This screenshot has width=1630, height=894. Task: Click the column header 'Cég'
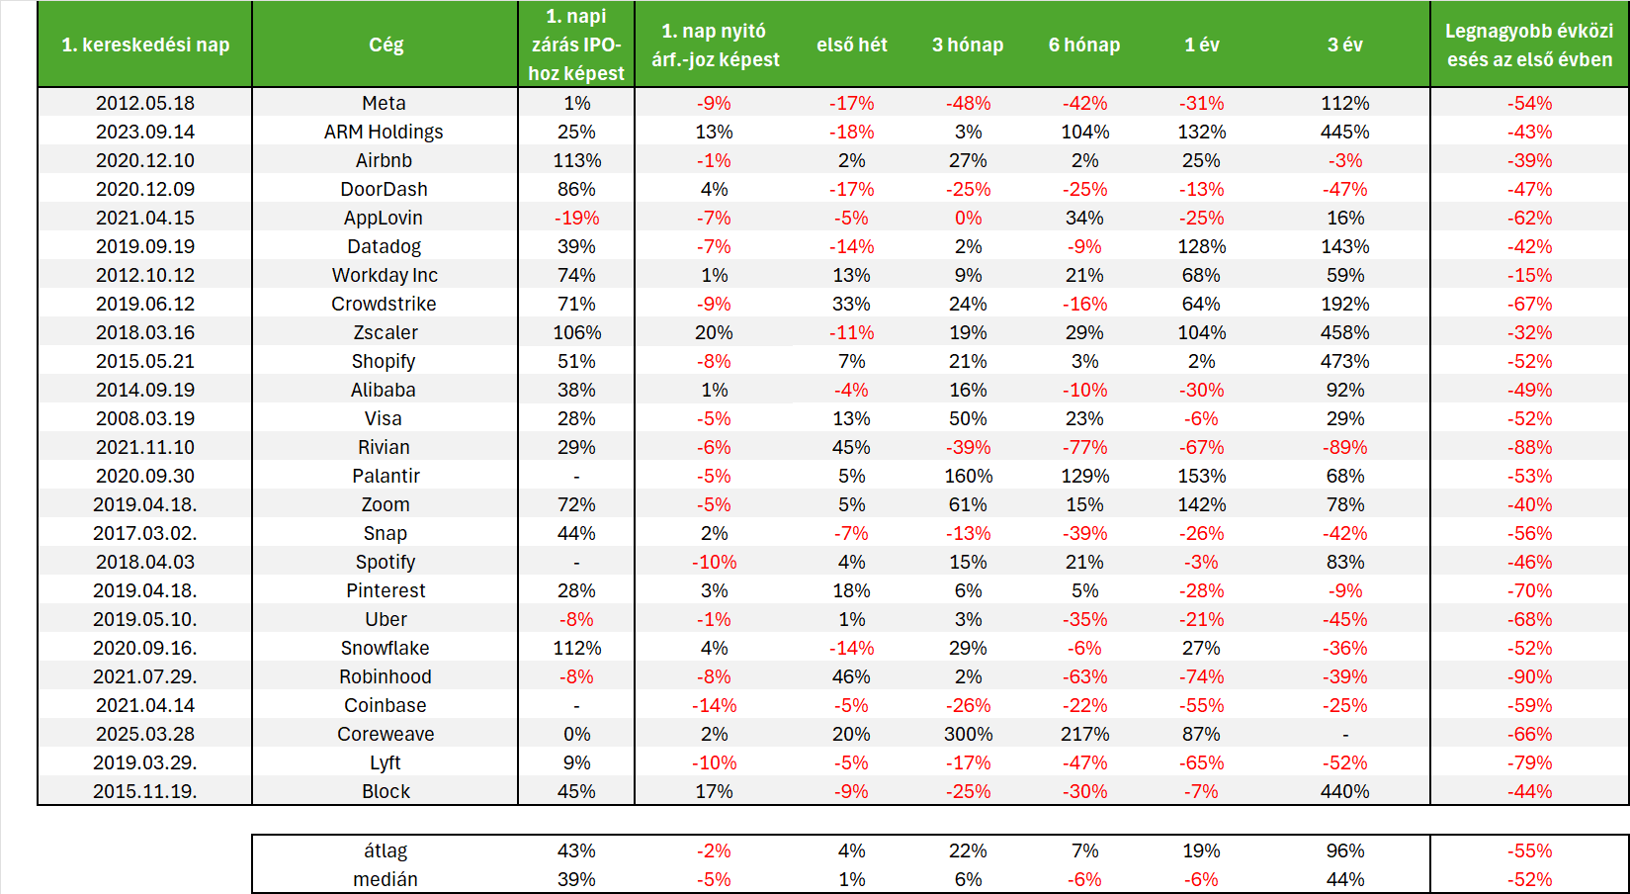(x=386, y=45)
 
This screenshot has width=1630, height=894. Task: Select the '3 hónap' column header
(x=968, y=45)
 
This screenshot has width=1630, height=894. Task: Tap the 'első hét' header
(x=851, y=45)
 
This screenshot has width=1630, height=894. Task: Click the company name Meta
(x=384, y=104)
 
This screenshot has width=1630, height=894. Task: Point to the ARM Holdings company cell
(x=384, y=132)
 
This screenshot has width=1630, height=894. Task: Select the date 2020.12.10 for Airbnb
(x=145, y=161)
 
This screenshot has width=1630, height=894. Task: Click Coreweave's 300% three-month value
(x=968, y=734)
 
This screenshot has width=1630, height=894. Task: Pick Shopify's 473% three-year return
(x=1344, y=361)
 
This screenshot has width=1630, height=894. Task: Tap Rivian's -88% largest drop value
(x=1529, y=447)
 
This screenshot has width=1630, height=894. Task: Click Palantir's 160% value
(x=968, y=476)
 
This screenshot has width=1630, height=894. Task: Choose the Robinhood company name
(x=385, y=677)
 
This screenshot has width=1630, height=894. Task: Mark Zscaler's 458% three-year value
(x=1344, y=332)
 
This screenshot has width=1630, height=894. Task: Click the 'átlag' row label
(x=386, y=851)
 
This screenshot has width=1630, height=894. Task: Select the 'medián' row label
(x=386, y=879)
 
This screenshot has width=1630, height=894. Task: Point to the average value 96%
(x=1344, y=851)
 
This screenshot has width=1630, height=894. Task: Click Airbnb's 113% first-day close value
(x=577, y=161)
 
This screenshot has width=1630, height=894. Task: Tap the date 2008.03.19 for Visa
(x=145, y=418)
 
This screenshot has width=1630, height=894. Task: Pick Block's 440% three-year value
(x=1344, y=791)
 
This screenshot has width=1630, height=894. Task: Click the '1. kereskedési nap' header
(x=145, y=45)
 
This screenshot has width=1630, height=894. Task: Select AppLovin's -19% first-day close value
(x=577, y=219)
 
